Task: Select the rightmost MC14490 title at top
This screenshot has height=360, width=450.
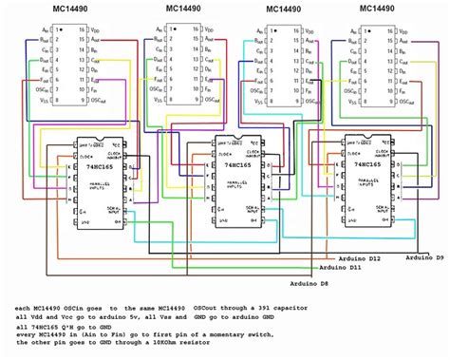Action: coord(379,9)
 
